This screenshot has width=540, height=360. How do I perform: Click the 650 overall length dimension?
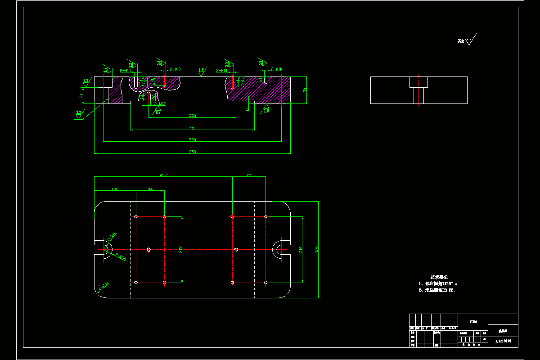click(x=192, y=152)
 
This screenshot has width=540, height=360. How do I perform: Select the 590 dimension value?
click(x=192, y=139)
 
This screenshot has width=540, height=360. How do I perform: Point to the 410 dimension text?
click(x=192, y=128)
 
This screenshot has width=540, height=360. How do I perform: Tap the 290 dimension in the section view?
click(x=192, y=116)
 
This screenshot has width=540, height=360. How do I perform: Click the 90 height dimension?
click(x=305, y=90)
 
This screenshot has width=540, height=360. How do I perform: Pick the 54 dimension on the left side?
click(x=81, y=96)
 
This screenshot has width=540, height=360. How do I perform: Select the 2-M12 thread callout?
click(x=160, y=104)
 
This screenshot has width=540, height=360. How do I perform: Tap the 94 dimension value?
click(x=150, y=189)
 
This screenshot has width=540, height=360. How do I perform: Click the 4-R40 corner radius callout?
click(x=103, y=285)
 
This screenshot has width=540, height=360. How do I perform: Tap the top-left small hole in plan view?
click(x=136, y=216)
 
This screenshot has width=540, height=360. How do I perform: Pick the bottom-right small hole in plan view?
click(x=265, y=283)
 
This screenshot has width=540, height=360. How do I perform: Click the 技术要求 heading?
click(x=439, y=277)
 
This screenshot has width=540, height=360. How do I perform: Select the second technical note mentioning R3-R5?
click(x=436, y=290)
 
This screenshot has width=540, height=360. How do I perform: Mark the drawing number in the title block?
click(x=503, y=341)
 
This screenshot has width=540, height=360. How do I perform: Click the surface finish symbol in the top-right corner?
click(x=468, y=41)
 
